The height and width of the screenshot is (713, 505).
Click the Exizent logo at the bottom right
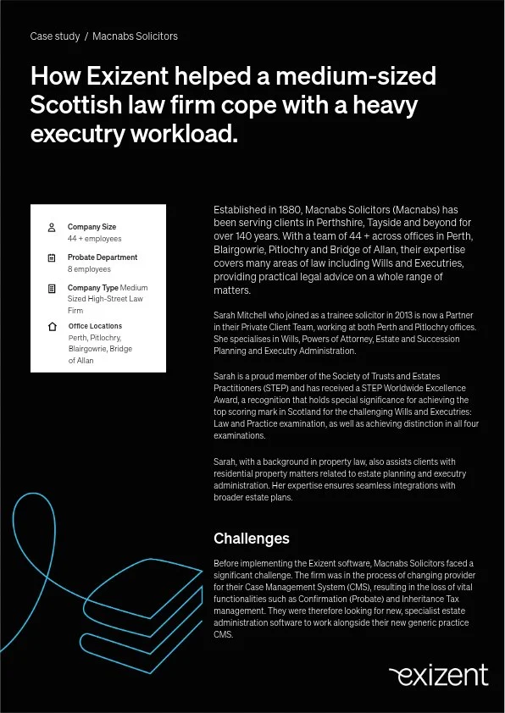point(438,675)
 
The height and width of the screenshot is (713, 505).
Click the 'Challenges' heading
point(251,539)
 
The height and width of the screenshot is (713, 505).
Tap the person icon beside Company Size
point(52,228)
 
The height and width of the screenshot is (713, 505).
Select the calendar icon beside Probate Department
point(52,258)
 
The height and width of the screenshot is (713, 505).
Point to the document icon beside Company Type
point(52,289)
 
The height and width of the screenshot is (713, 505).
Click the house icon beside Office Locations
point(52,327)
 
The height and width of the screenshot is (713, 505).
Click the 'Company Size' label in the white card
point(92,227)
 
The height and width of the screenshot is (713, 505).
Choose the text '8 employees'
point(89,269)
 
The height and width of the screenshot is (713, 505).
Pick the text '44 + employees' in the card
point(94,239)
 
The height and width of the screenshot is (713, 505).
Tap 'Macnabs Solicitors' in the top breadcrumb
point(135,36)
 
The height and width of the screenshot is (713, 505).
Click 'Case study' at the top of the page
point(54,36)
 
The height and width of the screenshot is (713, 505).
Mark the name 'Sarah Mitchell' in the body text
point(242,315)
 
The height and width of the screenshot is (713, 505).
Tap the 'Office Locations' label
point(95,326)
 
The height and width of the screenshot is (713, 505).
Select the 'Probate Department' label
point(103,257)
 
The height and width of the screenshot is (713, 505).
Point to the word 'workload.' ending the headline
point(183,134)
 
